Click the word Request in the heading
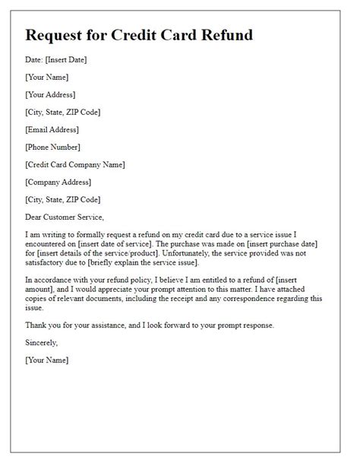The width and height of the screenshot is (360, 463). [x=62, y=35]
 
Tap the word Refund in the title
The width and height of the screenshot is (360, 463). [x=230, y=35]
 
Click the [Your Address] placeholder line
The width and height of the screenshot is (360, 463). [x=50, y=94]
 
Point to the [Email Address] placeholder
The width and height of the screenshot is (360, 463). [x=52, y=128]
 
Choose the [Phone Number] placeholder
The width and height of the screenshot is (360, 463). [x=52, y=146]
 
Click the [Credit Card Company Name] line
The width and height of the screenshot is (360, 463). [x=74, y=163]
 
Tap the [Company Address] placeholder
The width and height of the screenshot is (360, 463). [x=58, y=181]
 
